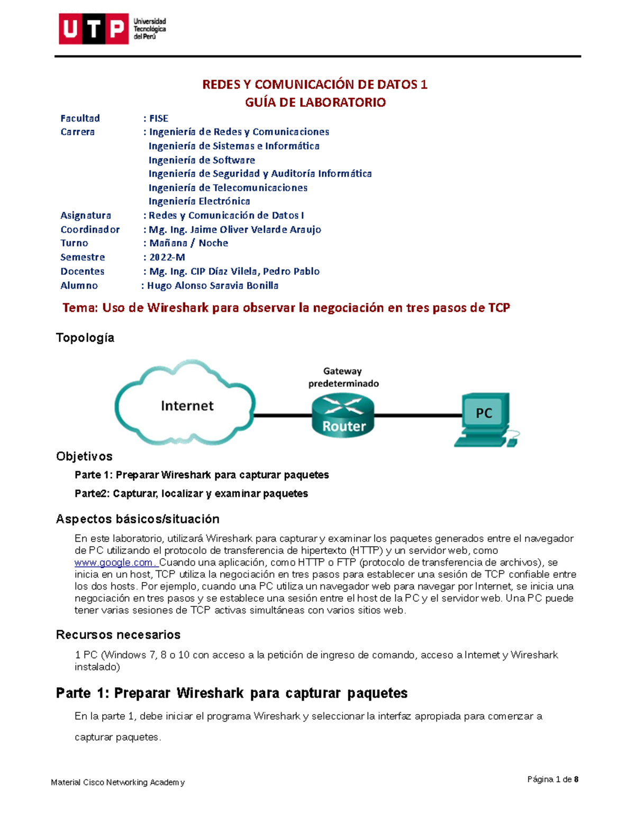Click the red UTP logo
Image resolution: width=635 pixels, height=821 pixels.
[x=94, y=29]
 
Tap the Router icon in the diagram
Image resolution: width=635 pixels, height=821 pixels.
[x=343, y=416]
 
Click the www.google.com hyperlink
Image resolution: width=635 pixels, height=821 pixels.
[x=114, y=562]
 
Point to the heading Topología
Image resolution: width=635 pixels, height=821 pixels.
[x=85, y=338]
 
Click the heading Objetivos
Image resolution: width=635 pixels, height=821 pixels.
[x=84, y=456]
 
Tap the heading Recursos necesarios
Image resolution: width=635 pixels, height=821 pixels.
[x=118, y=634]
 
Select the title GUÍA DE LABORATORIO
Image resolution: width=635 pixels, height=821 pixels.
[x=315, y=103]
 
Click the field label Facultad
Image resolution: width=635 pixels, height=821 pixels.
[x=80, y=118]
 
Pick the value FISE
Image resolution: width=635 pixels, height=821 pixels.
[x=159, y=118]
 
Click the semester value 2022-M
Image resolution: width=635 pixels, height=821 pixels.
[x=167, y=257]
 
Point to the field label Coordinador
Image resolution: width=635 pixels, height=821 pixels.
[x=90, y=229]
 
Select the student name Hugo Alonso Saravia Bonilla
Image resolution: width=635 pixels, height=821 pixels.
[x=212, y=285]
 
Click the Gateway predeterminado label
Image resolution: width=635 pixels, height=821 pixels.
[x=343, y=377]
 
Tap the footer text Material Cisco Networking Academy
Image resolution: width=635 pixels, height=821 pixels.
[x=117, y=782]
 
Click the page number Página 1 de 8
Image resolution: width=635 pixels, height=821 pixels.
[x=552, y=779]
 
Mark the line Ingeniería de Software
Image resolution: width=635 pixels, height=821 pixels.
[x=202, y=160]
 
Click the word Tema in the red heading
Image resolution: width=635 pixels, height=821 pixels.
[x=79, y=308]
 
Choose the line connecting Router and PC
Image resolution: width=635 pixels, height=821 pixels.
[x=418, y=416]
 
